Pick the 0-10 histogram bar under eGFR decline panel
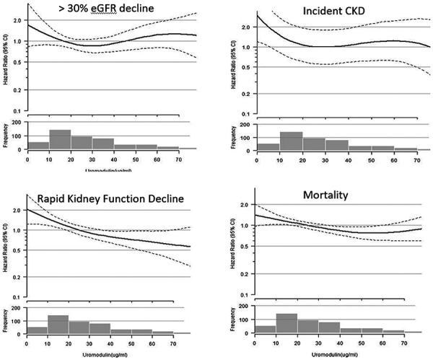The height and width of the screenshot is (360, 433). [x=38, y=146]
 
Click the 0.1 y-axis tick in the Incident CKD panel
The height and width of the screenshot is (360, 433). [x=245, y=114]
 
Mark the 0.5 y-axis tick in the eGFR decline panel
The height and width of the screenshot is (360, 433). [x=18, y=61]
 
